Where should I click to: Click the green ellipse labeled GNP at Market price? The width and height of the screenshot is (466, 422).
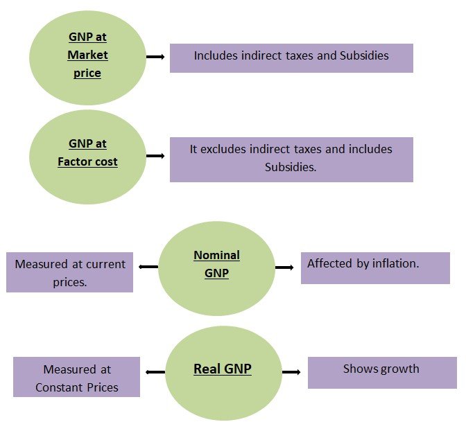click(x=87, y=54)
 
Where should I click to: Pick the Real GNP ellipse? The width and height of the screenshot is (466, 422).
click(x=222, y=372)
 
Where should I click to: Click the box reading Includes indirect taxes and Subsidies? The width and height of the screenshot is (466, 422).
click(x=291, y=58)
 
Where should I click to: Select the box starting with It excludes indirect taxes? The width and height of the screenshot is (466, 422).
click(x=291, y=159)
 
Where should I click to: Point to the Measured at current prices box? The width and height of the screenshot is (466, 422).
click(x=69, y=272)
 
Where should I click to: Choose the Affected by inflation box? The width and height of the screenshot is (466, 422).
click(x=374, y=268)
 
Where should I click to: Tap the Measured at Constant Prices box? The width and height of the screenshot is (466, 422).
click(x=76, y=378)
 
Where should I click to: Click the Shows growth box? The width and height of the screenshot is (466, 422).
click(x=382, y=373)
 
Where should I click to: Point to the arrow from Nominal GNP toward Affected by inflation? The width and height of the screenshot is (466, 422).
click(x=284, y=267)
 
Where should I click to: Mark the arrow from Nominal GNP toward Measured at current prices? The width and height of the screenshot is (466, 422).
click(x=148, y=267)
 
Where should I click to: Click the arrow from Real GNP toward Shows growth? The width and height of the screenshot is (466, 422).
click(x=291, y=372)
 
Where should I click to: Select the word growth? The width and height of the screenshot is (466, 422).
click(x=398, y=369)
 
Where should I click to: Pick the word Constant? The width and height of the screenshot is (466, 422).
click(x=58, y=387)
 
